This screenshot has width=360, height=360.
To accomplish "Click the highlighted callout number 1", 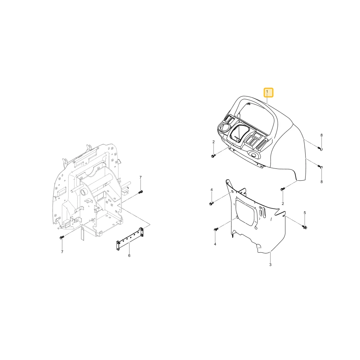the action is coord(267,91).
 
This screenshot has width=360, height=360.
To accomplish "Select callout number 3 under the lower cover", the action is coord(270,265).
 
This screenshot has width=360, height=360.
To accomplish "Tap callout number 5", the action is coord(305,213).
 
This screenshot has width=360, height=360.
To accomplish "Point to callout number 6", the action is coord(129,256).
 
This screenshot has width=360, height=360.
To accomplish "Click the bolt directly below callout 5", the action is coord(305,227).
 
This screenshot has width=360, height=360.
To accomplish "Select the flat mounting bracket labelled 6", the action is coord(130,239).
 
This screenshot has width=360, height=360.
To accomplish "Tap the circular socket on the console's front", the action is coord(254,155).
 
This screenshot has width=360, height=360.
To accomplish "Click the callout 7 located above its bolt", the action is coord(140,177).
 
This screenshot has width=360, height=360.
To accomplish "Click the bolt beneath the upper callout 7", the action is coord(140,192).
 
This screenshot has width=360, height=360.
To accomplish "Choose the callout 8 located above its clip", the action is coord(321,135).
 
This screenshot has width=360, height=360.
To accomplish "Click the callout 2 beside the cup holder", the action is coord(213,142).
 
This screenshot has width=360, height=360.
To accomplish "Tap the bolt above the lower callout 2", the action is coord(282,189).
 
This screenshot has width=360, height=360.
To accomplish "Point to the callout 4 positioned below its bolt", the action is coord(215,244).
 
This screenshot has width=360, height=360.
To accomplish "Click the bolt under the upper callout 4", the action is coord(211,203).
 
